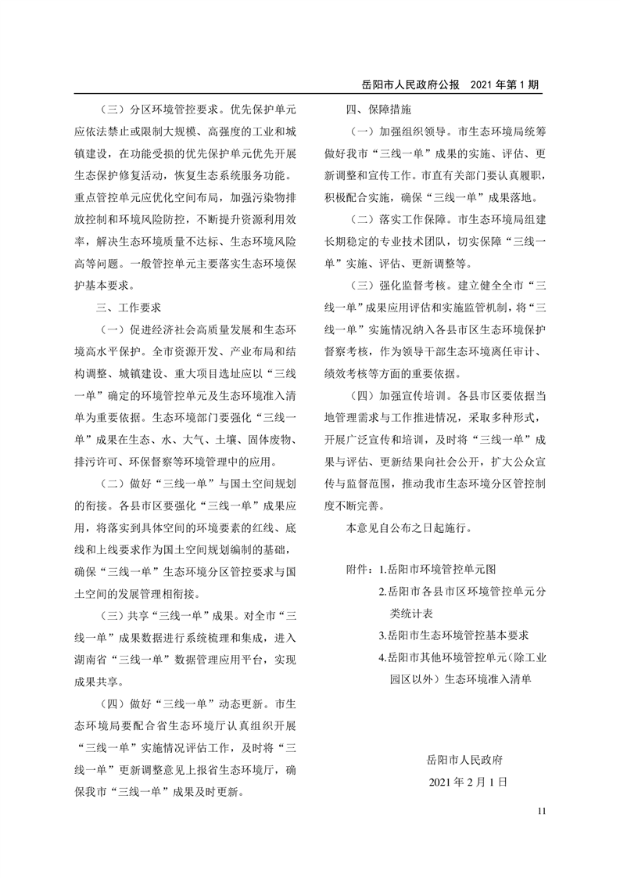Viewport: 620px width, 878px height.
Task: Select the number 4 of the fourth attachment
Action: coord(381,658)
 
